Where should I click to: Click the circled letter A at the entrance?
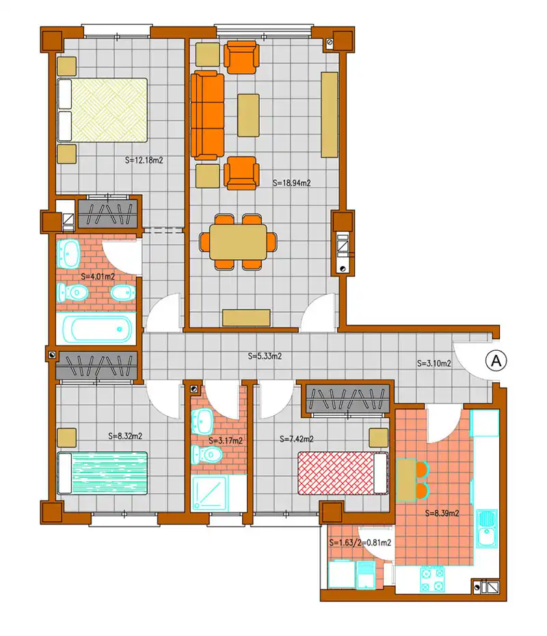coord(496,360)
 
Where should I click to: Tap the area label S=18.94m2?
coord(291,183)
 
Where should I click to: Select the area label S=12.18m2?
coord(144,160)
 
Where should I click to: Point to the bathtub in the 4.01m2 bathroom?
coord(96,329)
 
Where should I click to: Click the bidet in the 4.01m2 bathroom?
coord(123,293)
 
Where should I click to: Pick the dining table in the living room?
coord(238,242)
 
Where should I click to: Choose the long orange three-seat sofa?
coord(207,116)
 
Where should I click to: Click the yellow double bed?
coord(102,110)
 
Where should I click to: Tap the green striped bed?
coord(102,473)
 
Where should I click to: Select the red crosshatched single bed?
coord(343,473)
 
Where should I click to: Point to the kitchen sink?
coord(487,529)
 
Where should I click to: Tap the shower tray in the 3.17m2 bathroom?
coord(210,493)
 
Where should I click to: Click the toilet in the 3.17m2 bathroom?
coord(206,454)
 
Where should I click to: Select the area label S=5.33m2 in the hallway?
coord(265,356)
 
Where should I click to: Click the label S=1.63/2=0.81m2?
coord(360,543)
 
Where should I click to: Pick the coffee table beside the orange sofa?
coord(248,116)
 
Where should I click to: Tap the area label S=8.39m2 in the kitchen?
coord(442,513)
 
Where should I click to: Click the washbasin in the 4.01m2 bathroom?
coord(68,254)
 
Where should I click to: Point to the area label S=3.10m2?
coord(434,363)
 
